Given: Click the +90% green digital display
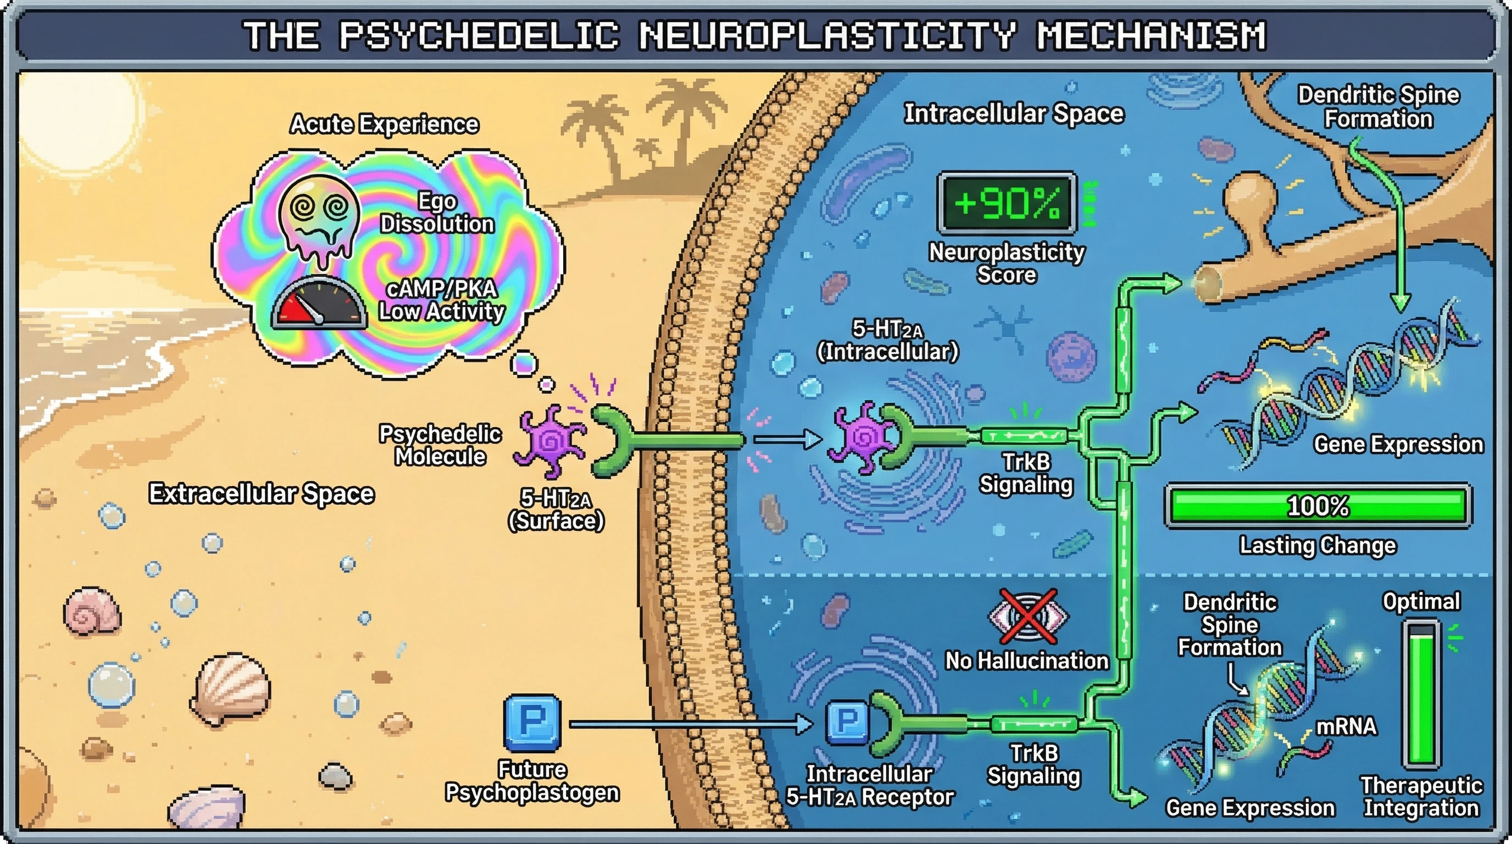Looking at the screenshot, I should pos(1007,203).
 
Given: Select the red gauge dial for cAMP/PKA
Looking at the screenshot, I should pos(318,303).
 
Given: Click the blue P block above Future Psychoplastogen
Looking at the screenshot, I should pos(532,723).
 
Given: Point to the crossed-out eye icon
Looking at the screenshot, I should pos(1028,617).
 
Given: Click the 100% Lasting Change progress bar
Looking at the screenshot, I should pos(1318,506).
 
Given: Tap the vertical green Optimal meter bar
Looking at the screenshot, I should pos(1421,696).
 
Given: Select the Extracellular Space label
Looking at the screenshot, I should pos(261,493).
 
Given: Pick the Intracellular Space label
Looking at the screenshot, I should pos(1014,113).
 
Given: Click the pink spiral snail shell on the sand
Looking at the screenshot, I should pos(92,613).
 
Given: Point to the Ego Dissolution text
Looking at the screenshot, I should pos(437,213).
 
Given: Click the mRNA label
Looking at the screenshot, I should pos(1346,726).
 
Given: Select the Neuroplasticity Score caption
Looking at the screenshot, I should pos(1007,264).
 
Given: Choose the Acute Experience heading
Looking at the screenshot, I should pos(385,124).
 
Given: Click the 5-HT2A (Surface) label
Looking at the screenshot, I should pos(556,509).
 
